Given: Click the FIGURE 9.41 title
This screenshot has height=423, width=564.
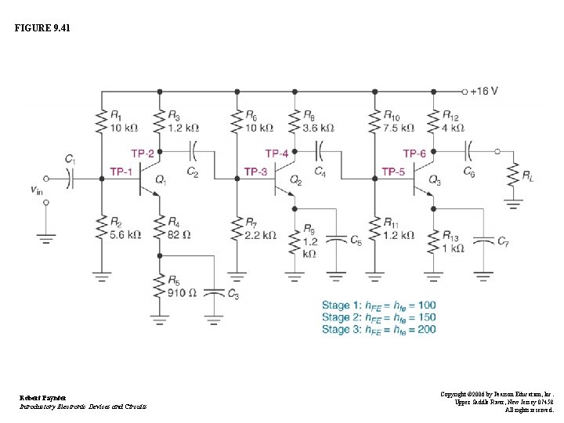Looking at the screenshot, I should (42, 29).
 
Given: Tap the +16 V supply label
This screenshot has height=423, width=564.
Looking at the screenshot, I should (483, 91).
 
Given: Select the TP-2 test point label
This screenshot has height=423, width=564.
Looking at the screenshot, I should (143, 154).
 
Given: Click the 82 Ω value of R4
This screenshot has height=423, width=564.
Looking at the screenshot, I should (179, 234).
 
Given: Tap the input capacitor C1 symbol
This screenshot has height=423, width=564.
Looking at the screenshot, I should (69, 179).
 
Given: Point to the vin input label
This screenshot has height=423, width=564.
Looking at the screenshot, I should (36, 189).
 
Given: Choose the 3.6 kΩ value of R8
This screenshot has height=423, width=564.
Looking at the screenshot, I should (318, 128).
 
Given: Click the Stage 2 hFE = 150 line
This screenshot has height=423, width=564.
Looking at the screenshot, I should (379, 317).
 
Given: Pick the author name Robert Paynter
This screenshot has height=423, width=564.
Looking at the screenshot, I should (43, 398).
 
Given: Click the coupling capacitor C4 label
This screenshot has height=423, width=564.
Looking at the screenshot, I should (320, 171).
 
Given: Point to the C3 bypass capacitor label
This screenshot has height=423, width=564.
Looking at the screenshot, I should (233, 293).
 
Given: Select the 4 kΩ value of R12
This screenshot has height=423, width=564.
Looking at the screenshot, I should (453, 128).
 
